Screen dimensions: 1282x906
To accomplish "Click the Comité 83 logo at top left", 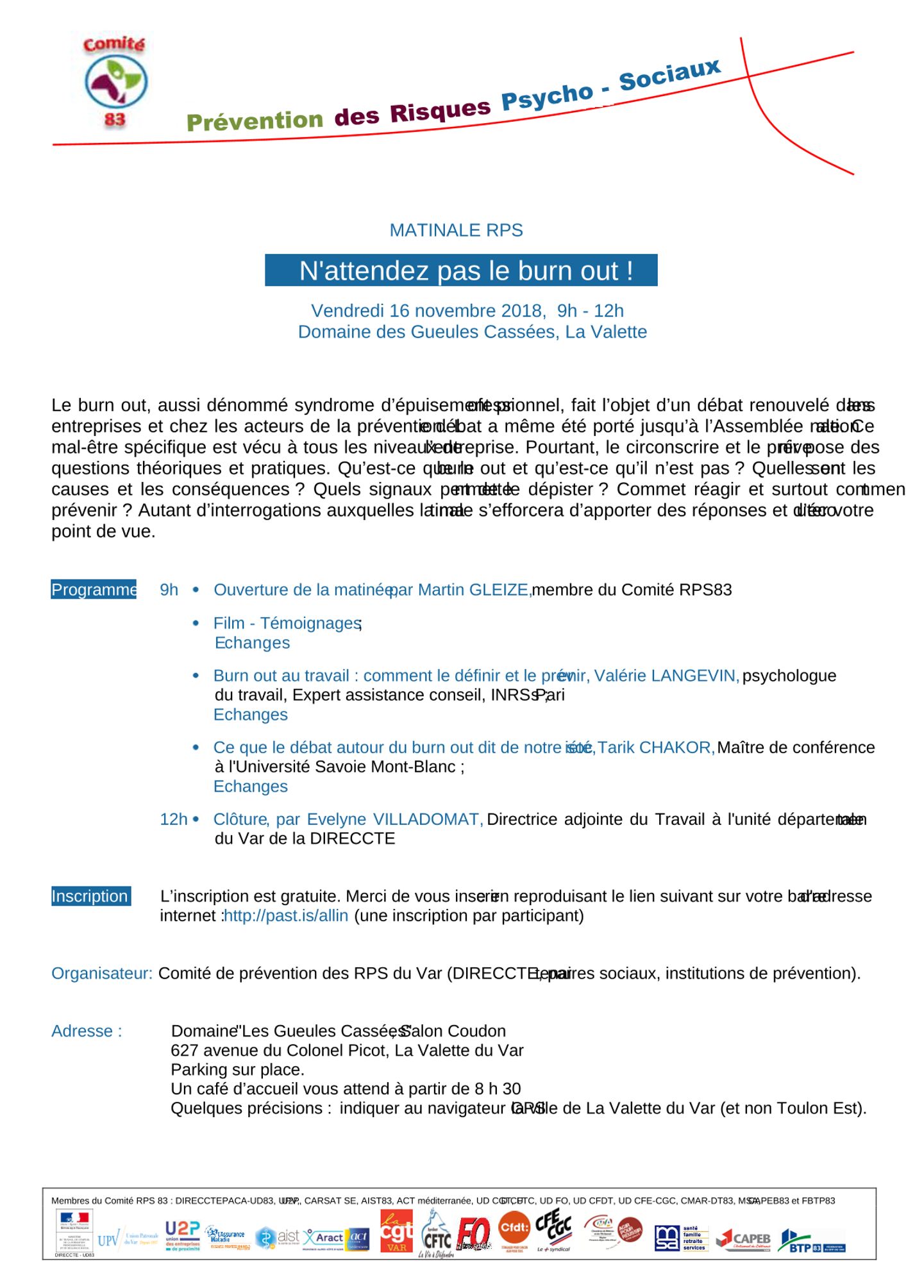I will (x=115, y=81).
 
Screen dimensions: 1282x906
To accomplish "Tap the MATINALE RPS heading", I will (x=456, y=230).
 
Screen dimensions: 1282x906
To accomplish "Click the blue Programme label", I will (x=94, y=590).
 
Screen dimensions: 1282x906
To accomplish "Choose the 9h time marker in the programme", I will (x=169, y=590).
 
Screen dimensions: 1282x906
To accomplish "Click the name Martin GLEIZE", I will (x=473, y=590).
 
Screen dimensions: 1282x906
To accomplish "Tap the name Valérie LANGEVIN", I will (x=666, y=676).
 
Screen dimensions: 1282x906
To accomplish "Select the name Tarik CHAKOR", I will (x=655, y=747).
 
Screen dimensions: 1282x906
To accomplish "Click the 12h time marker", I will (x=173, y=819).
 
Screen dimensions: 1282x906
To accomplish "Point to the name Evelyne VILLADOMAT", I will (x=394, y=819).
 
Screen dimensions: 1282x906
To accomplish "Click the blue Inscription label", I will (x=90, y=896).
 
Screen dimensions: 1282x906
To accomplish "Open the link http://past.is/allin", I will (x=286, y=915).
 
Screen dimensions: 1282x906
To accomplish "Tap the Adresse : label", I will (x=87, y=1031).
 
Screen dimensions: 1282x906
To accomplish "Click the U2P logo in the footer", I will (x=183, y=1235).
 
